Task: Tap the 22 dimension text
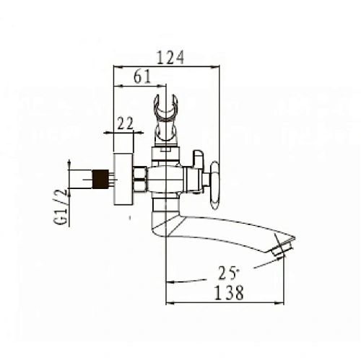(126, 123)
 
